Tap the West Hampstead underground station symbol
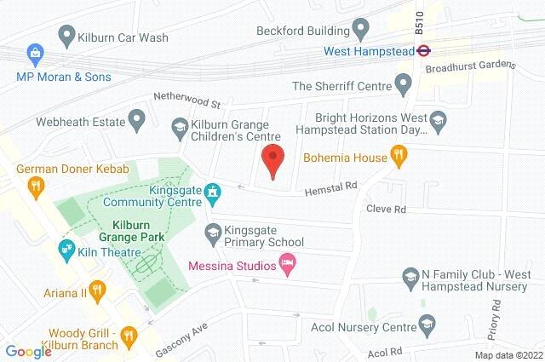coord(420,51)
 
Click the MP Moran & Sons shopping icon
coord(34,53)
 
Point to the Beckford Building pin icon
coord(360,31)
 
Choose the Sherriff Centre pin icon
coord(404,85)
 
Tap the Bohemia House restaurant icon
coord(397,155)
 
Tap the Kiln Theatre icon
coord(65,248)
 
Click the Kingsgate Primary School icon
coord(213,231)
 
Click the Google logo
coord(28,351)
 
